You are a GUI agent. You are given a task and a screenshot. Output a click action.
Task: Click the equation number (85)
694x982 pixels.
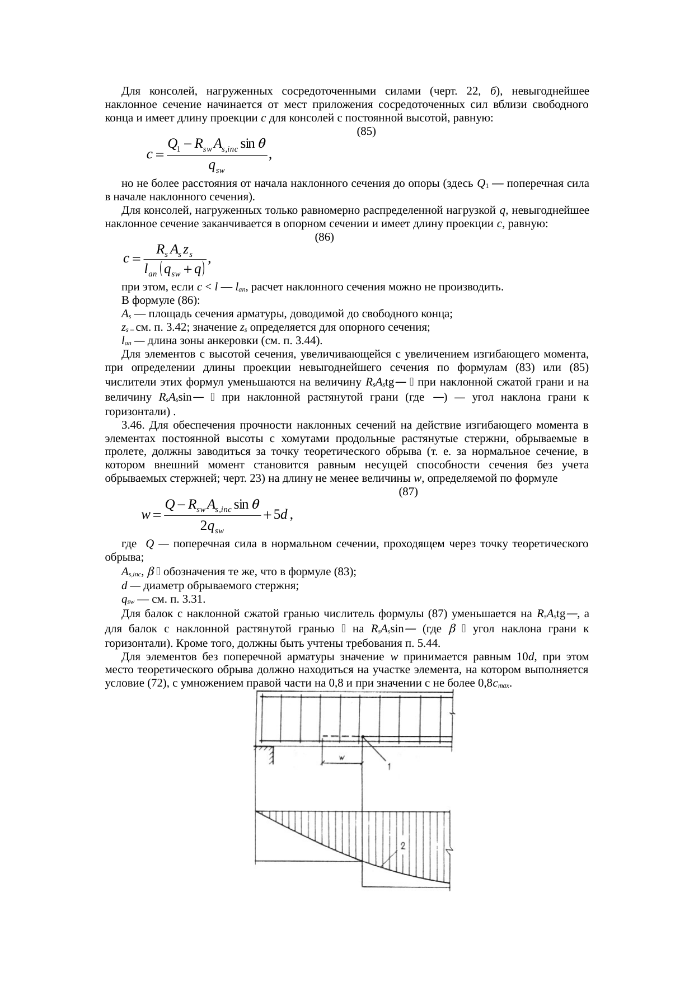point(366,132)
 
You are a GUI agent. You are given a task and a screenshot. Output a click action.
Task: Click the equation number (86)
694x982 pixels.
point(325,237)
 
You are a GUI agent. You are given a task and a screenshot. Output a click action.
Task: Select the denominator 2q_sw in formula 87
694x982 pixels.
point(212,527)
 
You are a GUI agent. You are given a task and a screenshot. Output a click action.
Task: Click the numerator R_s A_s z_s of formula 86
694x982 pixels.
point(175,250)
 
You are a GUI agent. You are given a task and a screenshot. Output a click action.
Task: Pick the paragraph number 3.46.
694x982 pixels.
point(132,425)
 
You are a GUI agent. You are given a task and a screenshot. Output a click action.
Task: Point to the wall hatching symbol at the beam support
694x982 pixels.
point(270,756)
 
